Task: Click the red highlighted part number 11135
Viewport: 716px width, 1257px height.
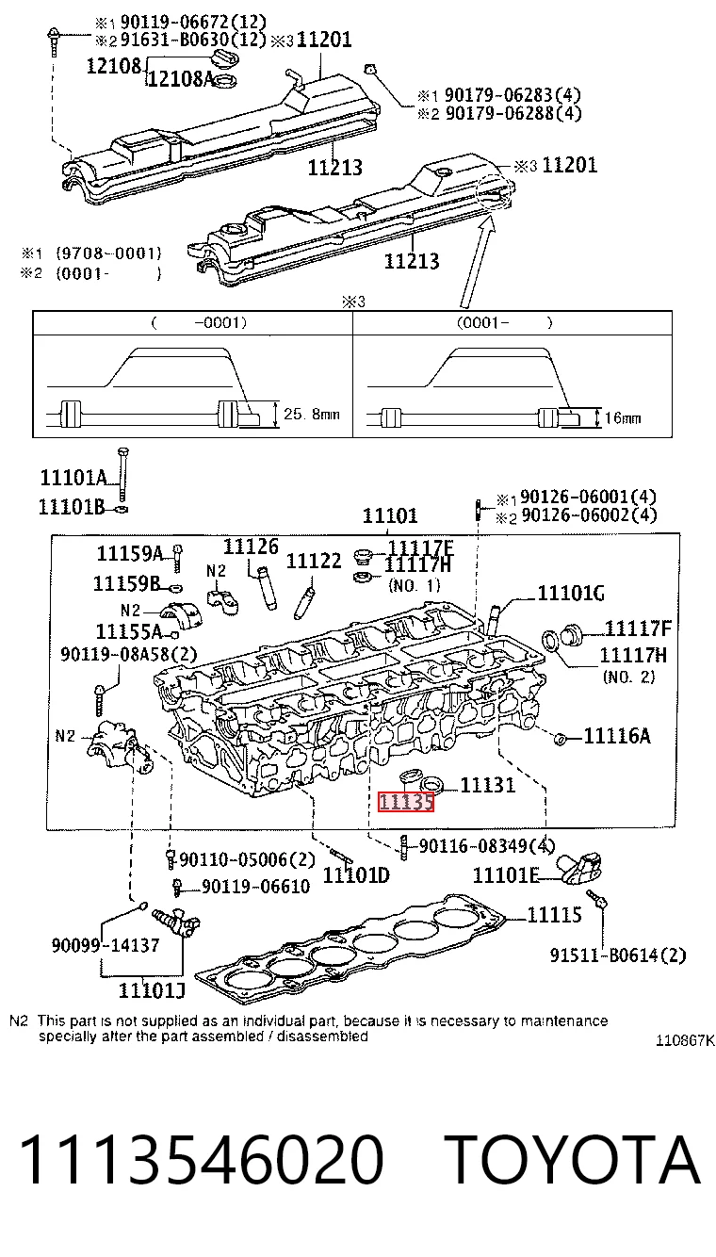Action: point(406,802)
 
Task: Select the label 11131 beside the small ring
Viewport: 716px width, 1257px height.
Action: point(488,785)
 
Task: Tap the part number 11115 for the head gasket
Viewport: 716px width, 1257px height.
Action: point(554,915)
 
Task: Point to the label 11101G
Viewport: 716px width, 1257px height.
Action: point(571,593)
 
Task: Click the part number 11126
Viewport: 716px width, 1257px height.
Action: point(251,547)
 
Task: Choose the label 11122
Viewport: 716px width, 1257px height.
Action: point(314,561)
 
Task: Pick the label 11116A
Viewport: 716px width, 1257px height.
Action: point(617,736)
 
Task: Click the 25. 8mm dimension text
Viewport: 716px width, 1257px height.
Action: point(312,415)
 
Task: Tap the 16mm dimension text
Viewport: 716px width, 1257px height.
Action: point(623,418)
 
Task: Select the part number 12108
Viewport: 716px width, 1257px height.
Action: point(114,66)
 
